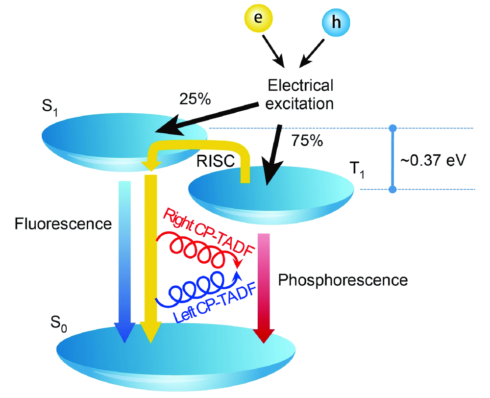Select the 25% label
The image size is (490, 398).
196,99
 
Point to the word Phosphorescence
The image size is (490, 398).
343,280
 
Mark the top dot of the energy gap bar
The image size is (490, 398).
392,128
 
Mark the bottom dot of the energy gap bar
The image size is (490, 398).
392,189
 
